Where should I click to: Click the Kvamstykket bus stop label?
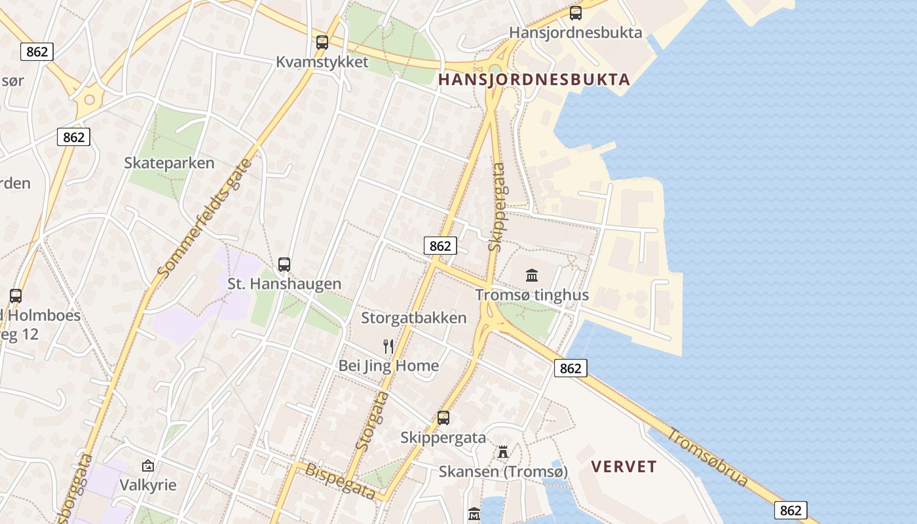pyautogui.click(x=322, y=62)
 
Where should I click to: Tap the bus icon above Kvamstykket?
pyautogui.click(x=322, y=43)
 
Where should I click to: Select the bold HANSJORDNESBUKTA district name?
pyautogui.click(x=534, y=80)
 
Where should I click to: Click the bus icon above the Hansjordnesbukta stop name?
pyautogui.click(x=576, y=13)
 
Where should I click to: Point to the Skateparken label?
pyautogui.click(x=169, y=163)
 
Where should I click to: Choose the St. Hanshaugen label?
pyautogui.click(x=284, y=284)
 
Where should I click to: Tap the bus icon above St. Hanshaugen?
pyautogui.click(x=284, y=265)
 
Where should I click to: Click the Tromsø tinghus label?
pyautogui.click(x=532, y=295)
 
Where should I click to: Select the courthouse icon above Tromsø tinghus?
pyautogui.click(x=532, y=276)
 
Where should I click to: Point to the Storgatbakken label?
pyautogui.click(x=414, y=318)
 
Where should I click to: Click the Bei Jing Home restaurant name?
pyautogui.click(x=388, y=365)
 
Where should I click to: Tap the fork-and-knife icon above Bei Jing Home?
pyautogui.click(x=389, y=346)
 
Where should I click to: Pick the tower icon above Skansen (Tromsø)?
pyautogui.click(x=503, y=452)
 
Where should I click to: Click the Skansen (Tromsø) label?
pyautogui.click(x=503, y=472)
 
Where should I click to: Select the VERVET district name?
pyautogui.click(x=624, y=467)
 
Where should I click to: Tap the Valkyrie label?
pyautogui.click(x=148, y=485)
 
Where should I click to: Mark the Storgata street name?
pyautogui.click(x=372, y=421)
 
